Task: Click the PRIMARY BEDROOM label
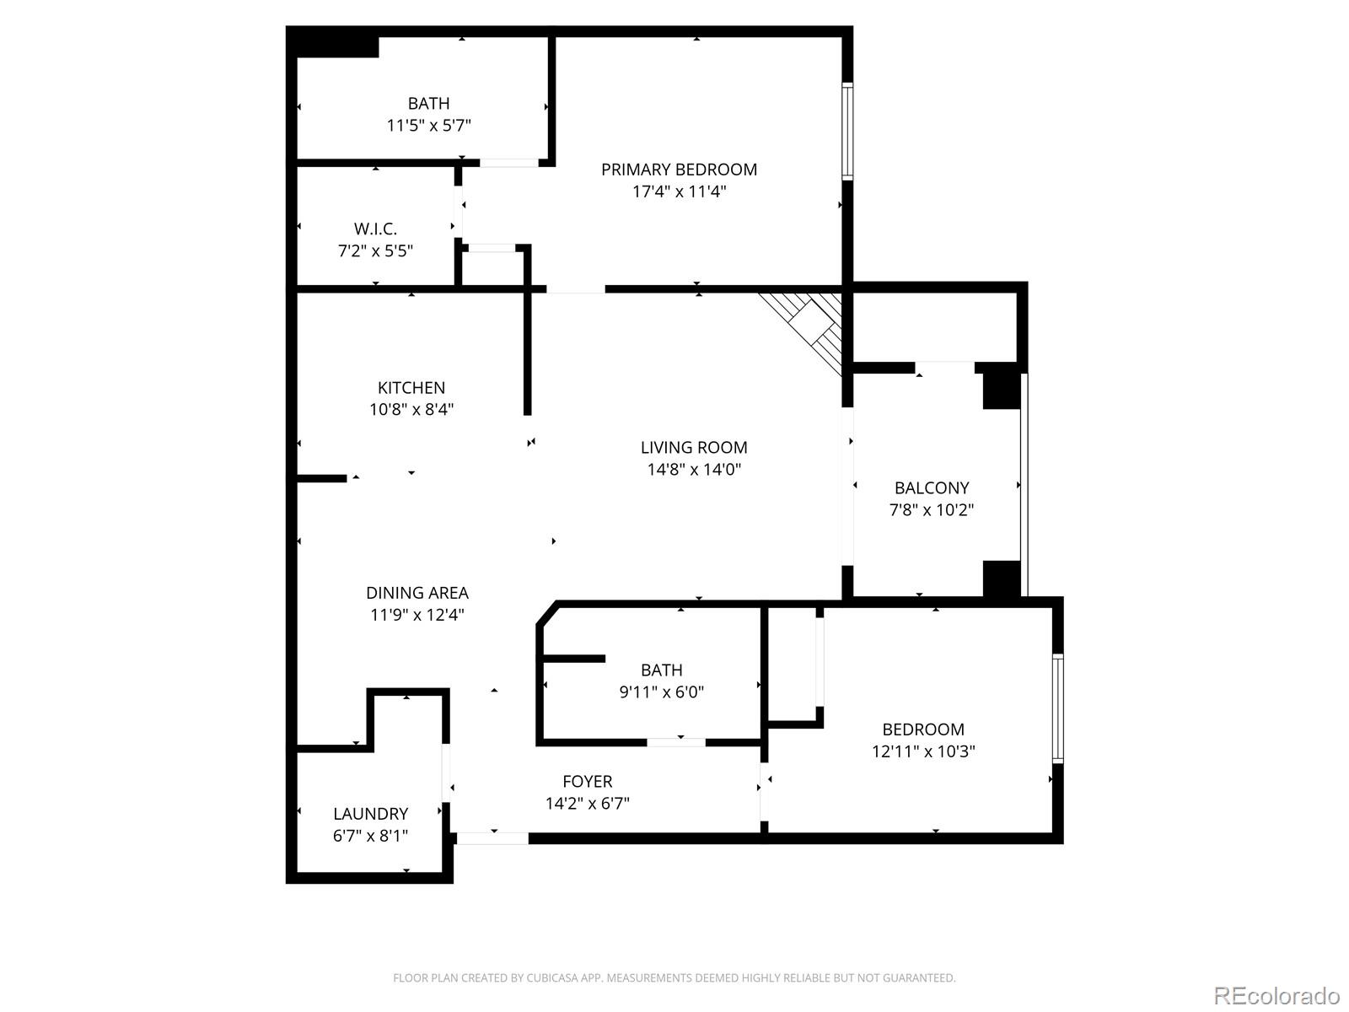click(679, 170)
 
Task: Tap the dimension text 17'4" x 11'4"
click(679, 191)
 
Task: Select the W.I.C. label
click(375, 229)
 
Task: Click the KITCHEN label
click(411, 388)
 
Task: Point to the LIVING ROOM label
click(694, 448)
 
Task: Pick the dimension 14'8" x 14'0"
click(694, 470)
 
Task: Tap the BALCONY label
click(932, 488)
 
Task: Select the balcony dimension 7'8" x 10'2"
click(932, 510)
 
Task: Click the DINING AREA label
click(417, 593)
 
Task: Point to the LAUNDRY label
click(370, 814)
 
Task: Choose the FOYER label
click(588, 782)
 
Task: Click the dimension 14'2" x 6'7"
click(588, 804)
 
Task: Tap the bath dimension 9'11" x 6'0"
click(662, 692)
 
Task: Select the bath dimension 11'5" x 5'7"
click(428, 126)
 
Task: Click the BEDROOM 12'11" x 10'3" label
click(923, 729)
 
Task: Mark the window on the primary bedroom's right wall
click(847, 131)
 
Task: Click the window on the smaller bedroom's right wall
click(1057, 708)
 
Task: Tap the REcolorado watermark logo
click(1277, 995)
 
